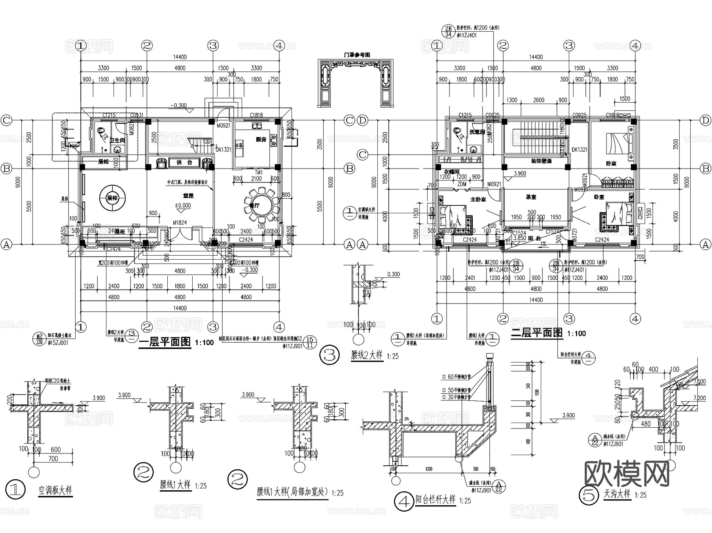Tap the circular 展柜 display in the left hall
[x=112, y=198]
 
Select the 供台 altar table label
[x=184, y=162]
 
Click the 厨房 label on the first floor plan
[x=261, y=139]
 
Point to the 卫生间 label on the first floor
[x=117, y=140]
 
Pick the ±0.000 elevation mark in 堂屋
[x=183, y=205]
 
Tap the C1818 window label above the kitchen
[x=256, y=115]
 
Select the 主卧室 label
[x=478, y=199]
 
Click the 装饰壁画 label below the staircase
[x=541, y=161]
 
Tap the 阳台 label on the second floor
[x=534, y=238]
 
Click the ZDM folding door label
[x=461, y=184]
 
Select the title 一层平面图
[x=165, y=342]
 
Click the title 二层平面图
[x=536, y=333]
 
